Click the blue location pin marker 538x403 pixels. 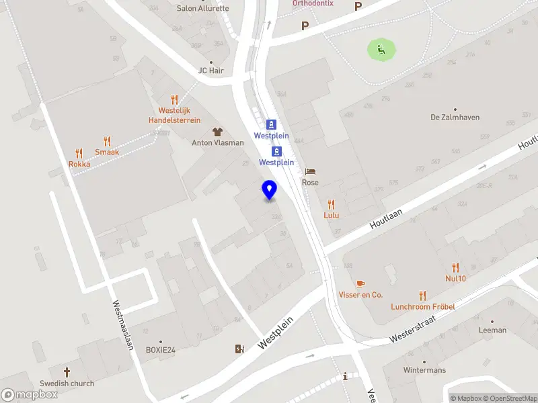[269, 190]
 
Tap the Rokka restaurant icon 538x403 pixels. [79, 153]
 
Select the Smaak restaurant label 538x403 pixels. [107, 152]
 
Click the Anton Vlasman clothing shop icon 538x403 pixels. [217, 131]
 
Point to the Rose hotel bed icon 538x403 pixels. [310, 172]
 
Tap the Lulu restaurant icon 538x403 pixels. [331, 204]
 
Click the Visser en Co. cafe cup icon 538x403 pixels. [360, 283]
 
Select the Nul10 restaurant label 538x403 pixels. [455, 278]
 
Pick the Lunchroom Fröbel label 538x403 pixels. [423, 307]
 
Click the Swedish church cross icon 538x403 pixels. [67, 371]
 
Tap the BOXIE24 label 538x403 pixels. [161, 350]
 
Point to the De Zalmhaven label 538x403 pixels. [455, 117]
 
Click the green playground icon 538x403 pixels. [381, 48]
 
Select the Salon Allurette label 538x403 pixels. [202, 9]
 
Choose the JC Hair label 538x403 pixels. [210, 71]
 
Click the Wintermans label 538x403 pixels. [424, 370]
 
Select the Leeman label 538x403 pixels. [492, 330]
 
